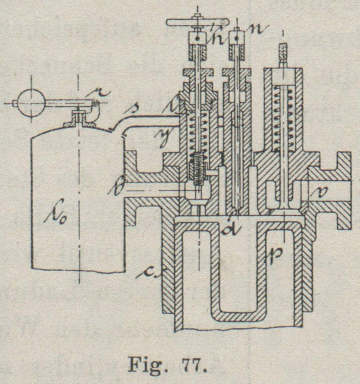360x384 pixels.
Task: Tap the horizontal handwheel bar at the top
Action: coord(182,23)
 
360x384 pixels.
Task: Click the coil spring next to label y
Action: coord(198,132)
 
